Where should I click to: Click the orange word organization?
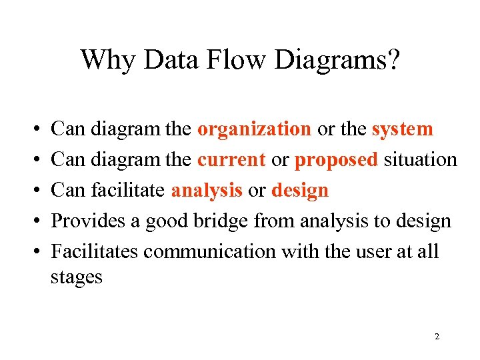click(254, 129)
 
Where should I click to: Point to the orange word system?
click(402, 129)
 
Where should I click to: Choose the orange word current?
click(231, 160)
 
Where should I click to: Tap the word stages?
click(76, 277)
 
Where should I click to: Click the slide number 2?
click(437, 337)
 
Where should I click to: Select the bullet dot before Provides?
click(33, 221)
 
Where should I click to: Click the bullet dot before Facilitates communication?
click(33, 252)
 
